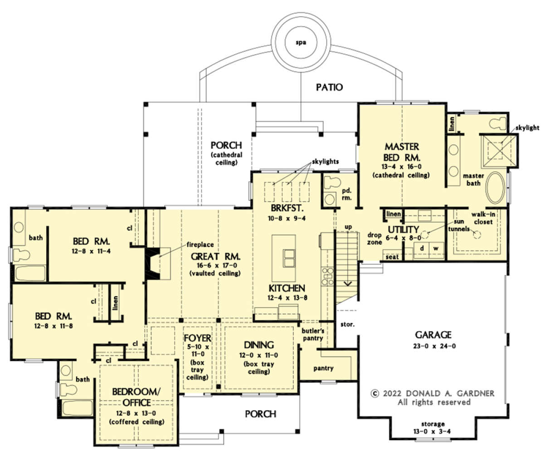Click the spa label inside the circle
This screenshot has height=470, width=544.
[301, 43]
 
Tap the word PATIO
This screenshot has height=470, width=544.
[330, 87]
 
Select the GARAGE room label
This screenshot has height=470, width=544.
[433, 335]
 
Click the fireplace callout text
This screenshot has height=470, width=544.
[200, 245]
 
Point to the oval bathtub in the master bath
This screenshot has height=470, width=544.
[495, 188]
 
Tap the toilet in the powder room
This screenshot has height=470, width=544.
[332, 182]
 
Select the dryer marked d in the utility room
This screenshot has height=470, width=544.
[422, 249]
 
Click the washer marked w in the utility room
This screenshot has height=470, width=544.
[436, 249]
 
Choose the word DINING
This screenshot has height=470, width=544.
[259, 345]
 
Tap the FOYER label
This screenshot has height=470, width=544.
[197, 338]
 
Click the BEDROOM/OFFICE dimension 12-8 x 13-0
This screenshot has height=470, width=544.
[136, 413]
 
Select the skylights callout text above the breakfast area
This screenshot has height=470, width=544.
[325, 162]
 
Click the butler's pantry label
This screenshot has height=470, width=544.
[313, 334]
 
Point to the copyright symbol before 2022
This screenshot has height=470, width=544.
[375, 394]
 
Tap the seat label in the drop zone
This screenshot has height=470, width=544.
[392, 257]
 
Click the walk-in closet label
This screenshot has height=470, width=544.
[483, 218]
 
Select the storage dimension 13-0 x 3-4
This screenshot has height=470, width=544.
[432, 431]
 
